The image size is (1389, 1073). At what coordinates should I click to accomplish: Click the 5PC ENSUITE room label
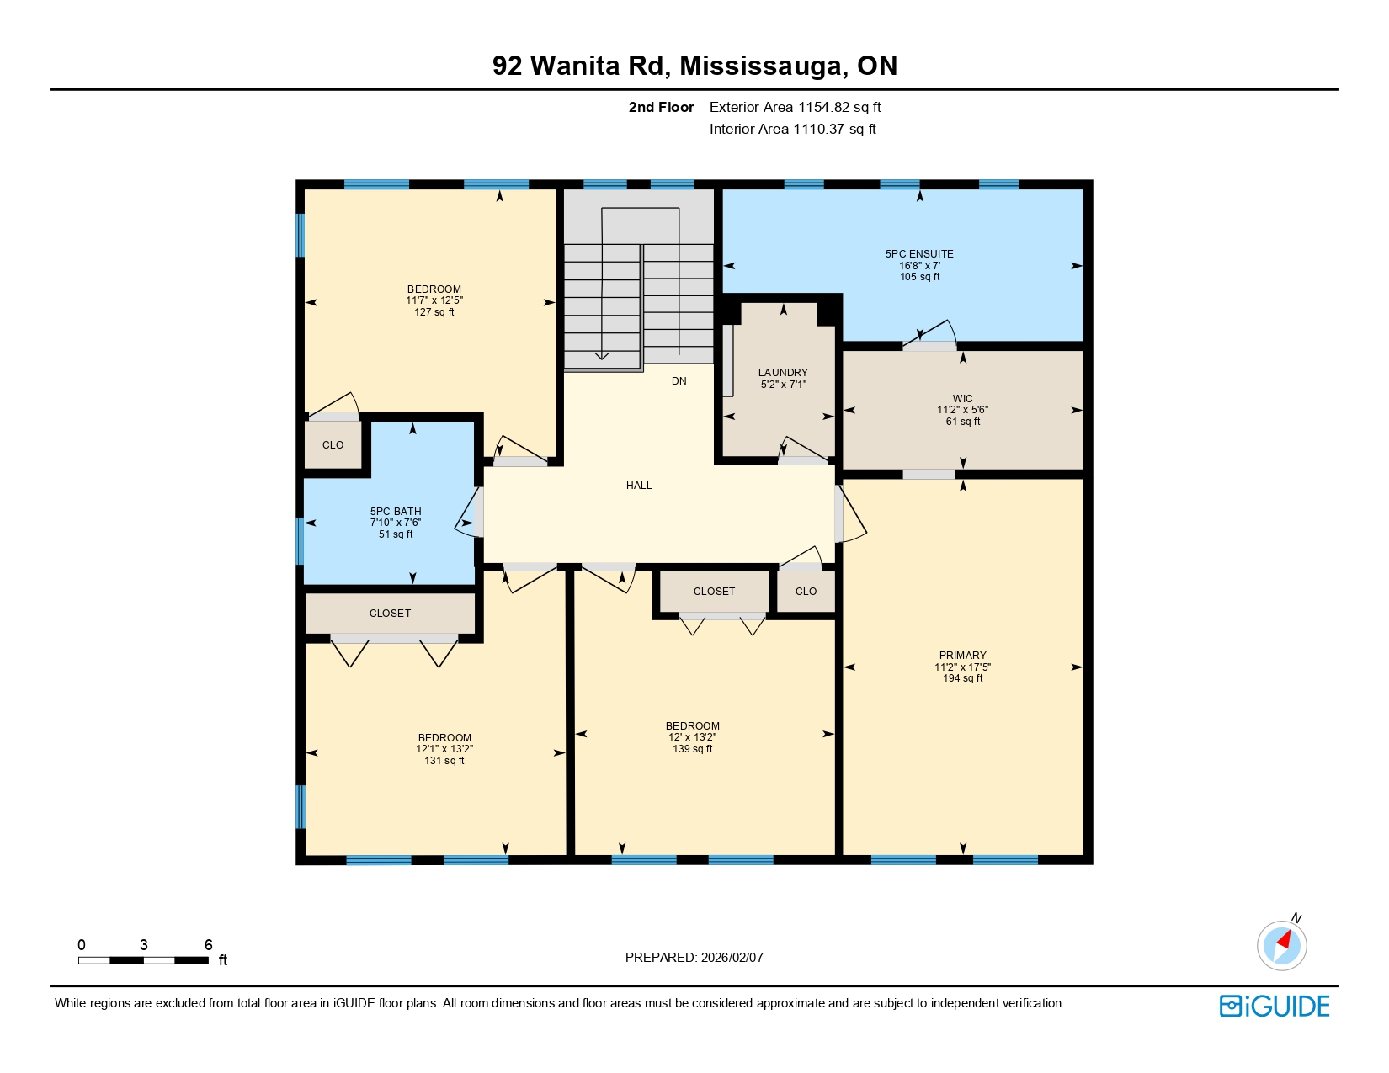(919, 253)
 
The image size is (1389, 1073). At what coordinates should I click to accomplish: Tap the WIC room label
(962, 399)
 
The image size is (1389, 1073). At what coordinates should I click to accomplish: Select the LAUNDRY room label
(783, 372)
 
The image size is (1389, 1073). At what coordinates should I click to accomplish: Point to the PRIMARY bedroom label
(962, 655)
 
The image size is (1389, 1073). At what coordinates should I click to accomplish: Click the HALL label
(639, 486)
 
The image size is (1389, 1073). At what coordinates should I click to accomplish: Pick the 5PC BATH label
(396, 511)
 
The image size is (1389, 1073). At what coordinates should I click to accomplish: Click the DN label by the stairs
(679, 381)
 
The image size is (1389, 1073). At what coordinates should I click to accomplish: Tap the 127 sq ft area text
(434, 312)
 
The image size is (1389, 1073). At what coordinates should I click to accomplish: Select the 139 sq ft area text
(692, 749)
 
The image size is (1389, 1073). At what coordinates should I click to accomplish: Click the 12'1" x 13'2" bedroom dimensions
(444, 749)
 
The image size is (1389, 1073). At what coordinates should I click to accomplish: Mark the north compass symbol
(1282, 944)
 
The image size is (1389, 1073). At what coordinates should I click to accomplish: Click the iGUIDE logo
(1275, 1006)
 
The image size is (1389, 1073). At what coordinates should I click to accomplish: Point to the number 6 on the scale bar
(209, 945)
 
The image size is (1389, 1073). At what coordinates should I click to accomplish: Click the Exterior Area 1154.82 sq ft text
(795, 107)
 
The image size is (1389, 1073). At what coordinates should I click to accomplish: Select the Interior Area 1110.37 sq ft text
(792, 129)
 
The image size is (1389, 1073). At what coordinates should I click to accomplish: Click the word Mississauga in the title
(764, 66)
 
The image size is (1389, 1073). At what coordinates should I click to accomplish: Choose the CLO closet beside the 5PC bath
(333, 445)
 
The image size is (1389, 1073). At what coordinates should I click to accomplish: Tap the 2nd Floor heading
(661, 107)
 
